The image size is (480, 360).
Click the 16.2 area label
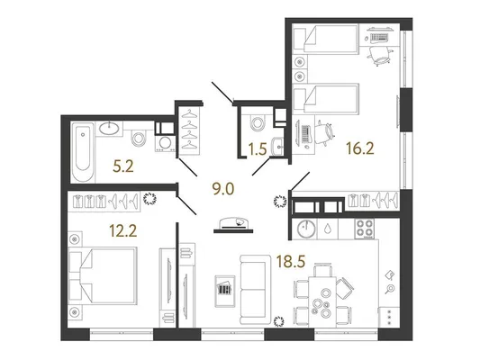360,149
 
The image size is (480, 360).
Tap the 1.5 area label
258,150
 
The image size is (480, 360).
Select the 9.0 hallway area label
223,189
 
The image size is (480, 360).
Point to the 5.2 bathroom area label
123,167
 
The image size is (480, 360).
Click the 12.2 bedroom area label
123,230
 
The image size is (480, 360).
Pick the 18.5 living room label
291,262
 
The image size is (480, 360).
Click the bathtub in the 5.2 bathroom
83,152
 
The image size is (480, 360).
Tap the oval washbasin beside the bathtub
109,128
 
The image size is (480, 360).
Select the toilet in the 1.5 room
257,123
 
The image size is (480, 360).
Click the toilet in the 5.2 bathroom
139,138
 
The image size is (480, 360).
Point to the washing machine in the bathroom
165,143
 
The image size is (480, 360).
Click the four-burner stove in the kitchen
365,229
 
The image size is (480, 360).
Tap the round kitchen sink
306,229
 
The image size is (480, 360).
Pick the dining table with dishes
322,302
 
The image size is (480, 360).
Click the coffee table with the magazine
225,291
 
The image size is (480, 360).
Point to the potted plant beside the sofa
278,321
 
